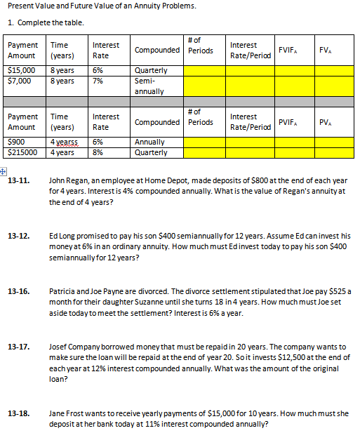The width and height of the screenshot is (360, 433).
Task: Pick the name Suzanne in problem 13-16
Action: point(160,301)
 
